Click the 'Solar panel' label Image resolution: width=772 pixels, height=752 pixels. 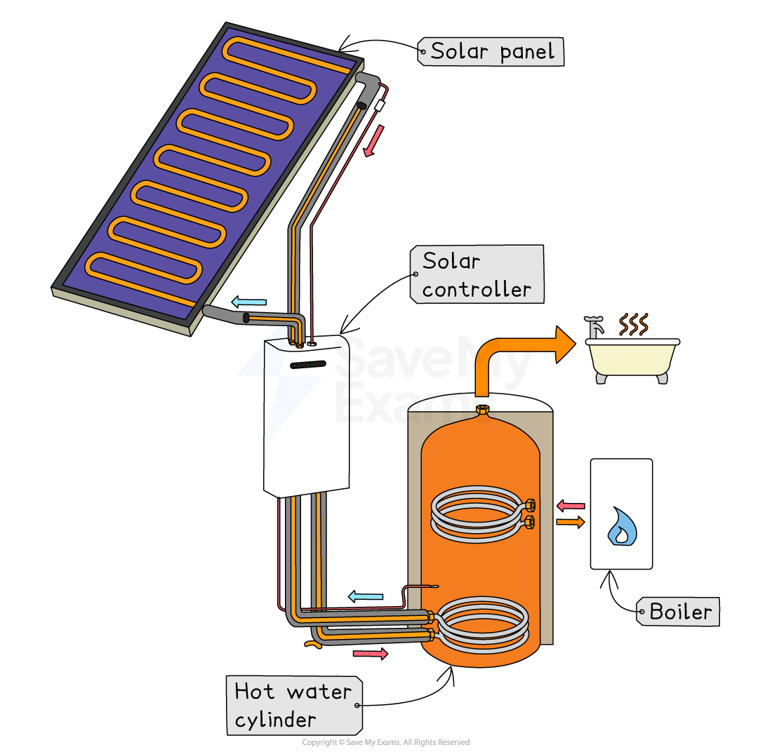click(491, 51)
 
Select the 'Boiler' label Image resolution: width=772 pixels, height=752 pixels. click(679, 612)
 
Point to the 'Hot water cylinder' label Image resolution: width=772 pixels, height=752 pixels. click(293, 706)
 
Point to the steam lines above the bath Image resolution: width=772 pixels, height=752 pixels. click(633, 324)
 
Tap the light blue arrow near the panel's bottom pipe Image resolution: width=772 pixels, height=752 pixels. click(249, 302)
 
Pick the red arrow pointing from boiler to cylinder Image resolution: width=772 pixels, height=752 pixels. click(571, 505)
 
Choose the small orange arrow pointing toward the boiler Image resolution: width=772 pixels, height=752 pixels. click(571, 522)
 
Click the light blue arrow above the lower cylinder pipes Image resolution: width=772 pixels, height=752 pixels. click(366, 596)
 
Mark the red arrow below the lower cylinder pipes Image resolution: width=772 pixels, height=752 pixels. click(370, 654)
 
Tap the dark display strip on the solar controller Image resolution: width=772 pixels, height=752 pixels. click(308, 365)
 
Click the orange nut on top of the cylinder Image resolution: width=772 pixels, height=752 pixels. click(482, 409)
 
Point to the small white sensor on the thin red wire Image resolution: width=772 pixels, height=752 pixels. click(380, 105)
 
